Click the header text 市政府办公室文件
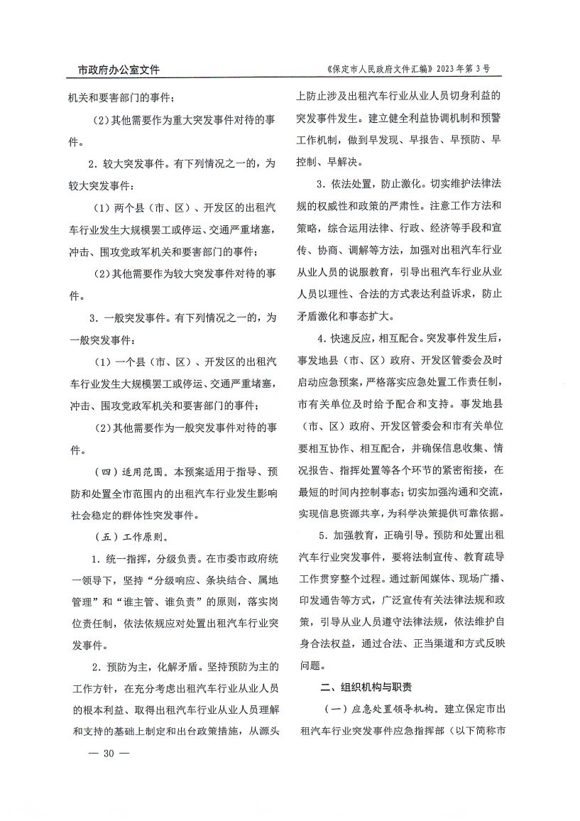tap(119, 70)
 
